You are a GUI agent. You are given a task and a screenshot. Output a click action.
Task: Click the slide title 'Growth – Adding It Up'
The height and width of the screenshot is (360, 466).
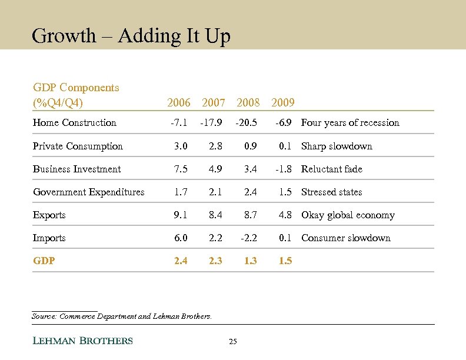tap(131, 36)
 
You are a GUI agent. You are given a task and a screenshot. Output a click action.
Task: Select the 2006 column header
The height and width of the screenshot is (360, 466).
tap(179, 103)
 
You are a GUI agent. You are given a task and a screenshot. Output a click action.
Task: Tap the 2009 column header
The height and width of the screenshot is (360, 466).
tap(283, 103)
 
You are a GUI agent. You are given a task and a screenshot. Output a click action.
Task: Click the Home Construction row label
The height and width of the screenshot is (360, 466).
tap(75, 123)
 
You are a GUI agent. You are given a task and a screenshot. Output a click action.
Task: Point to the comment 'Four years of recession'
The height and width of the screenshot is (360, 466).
tap(350, 123)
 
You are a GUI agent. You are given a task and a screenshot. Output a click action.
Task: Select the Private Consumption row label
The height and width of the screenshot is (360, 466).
tap(78, 146)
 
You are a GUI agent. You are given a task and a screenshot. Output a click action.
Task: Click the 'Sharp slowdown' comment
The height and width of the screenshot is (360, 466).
tap(337, 146)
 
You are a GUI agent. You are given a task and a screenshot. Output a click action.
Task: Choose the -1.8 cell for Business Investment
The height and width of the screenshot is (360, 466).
tap(283, 169)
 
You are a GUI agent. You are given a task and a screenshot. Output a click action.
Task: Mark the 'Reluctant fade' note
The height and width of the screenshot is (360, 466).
tap(332, 169)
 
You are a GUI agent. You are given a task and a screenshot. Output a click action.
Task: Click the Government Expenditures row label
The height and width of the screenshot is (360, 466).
tap(88, 192)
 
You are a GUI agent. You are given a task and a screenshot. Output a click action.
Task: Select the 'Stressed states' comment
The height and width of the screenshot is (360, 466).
tap(332, 192)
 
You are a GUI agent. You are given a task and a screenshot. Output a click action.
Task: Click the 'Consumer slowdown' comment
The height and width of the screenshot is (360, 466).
tap(346, 238)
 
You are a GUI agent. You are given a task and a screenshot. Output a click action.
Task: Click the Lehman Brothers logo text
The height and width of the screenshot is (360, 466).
tap(82, 341)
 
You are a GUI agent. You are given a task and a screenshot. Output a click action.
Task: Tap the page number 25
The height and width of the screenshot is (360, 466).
tap(232, 342)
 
